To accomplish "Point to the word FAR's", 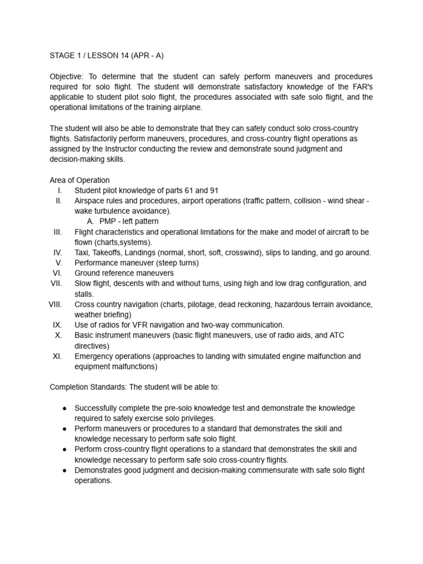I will coord(361,87).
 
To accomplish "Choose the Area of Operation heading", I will coord(79,180).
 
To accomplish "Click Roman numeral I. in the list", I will coord(59,191).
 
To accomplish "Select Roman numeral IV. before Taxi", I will coord(57,253).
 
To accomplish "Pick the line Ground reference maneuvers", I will coord(124,273).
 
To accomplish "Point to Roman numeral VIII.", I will coord(55,304).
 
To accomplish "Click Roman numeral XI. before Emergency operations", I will coord(57,356).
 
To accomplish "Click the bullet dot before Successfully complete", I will coord(65,408).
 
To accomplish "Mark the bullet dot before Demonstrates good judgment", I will coord(65,470).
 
